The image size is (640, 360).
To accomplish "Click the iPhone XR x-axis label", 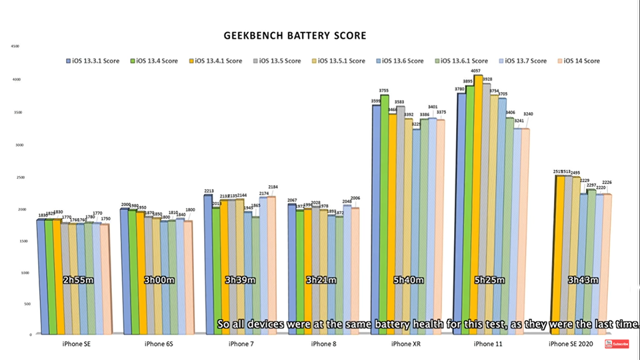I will pos(407,344).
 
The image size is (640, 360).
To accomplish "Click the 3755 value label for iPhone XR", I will pos(385,91).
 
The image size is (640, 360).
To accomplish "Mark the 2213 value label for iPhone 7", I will pos(208,191).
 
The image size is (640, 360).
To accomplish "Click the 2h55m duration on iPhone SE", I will pos(77,281).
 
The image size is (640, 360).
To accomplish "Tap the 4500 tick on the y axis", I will pos(15,47).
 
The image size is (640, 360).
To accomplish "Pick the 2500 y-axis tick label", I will pos(15,177).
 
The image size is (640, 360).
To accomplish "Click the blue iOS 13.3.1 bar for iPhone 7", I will pos(208,267).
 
